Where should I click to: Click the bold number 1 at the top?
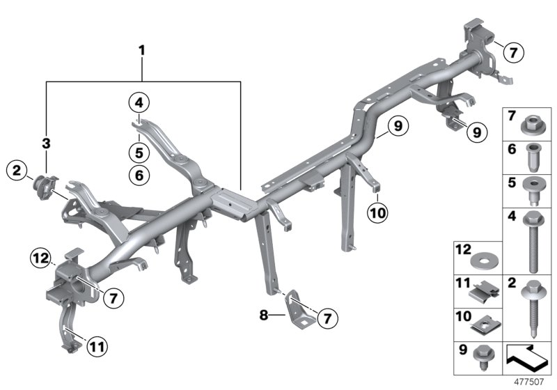click(142, 50)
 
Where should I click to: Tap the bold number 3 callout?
click(47, 144)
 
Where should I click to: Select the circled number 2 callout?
click(17, 169)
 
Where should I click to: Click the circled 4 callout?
click(139, 104)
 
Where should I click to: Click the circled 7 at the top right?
click(513, 52)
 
